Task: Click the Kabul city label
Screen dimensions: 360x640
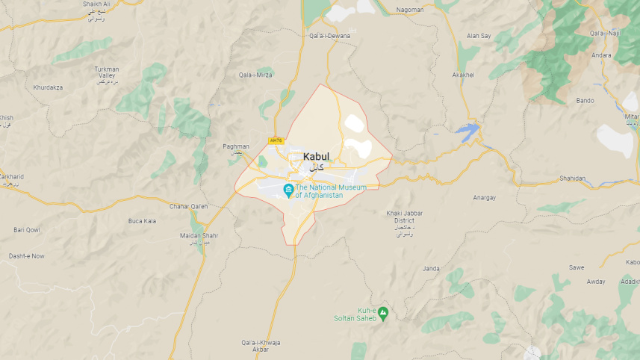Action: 316,156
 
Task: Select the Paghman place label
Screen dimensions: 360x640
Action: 236,146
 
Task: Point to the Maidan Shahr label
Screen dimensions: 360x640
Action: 199,236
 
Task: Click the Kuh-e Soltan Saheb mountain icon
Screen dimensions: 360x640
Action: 383,311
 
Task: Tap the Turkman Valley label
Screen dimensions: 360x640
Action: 106,72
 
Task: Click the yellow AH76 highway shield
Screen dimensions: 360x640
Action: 276,140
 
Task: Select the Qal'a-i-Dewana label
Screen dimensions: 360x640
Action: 329,35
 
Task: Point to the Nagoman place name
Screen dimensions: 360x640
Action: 410,10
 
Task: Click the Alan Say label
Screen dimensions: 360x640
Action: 479,35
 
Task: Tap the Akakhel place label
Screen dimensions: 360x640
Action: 464,75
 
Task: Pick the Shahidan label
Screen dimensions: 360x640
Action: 573,179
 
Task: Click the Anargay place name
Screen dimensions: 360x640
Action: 485,198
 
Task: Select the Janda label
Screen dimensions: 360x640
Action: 432,268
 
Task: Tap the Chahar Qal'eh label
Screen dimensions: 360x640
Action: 188,206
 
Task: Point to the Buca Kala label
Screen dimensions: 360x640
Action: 142,221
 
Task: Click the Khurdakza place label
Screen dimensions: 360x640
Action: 49,87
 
